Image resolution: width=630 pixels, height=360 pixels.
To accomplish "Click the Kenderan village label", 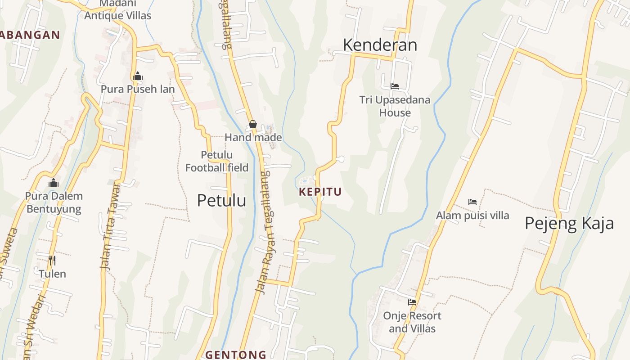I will coord(380,45).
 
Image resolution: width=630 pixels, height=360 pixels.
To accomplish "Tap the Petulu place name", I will coord(221,200).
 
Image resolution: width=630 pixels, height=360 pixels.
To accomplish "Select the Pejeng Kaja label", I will coord(569,223).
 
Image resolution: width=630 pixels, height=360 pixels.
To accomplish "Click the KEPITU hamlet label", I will coord(320,192).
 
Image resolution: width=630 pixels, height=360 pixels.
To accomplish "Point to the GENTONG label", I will coord(236,355).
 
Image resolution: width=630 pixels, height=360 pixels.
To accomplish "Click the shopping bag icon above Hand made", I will coord(253,124).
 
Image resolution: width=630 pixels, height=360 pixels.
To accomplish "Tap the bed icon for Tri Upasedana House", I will coord(395,86).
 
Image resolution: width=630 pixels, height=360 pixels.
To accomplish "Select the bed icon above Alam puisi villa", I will coord(472,202).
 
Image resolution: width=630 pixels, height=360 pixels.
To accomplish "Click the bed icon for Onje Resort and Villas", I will coord(412,302).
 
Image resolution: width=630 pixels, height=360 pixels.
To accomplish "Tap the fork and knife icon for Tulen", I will coord(52,261).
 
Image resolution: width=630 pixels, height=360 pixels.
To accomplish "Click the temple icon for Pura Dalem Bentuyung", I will coord(54,183).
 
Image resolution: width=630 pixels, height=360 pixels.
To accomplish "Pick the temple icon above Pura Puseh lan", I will coord(138,76).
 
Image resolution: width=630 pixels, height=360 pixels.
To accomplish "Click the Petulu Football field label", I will coord(217,162).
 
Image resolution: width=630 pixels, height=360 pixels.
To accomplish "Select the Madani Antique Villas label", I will coord(118,10).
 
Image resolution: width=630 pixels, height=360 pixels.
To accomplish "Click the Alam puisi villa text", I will coord(472,216).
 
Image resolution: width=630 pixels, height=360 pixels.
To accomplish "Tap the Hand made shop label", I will coord(253,138).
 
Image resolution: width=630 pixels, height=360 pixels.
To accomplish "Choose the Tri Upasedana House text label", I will coord(395,106).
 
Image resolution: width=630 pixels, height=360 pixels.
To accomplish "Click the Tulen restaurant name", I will coord(52,274).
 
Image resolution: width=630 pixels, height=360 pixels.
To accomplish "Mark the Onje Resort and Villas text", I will coord(412,322).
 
